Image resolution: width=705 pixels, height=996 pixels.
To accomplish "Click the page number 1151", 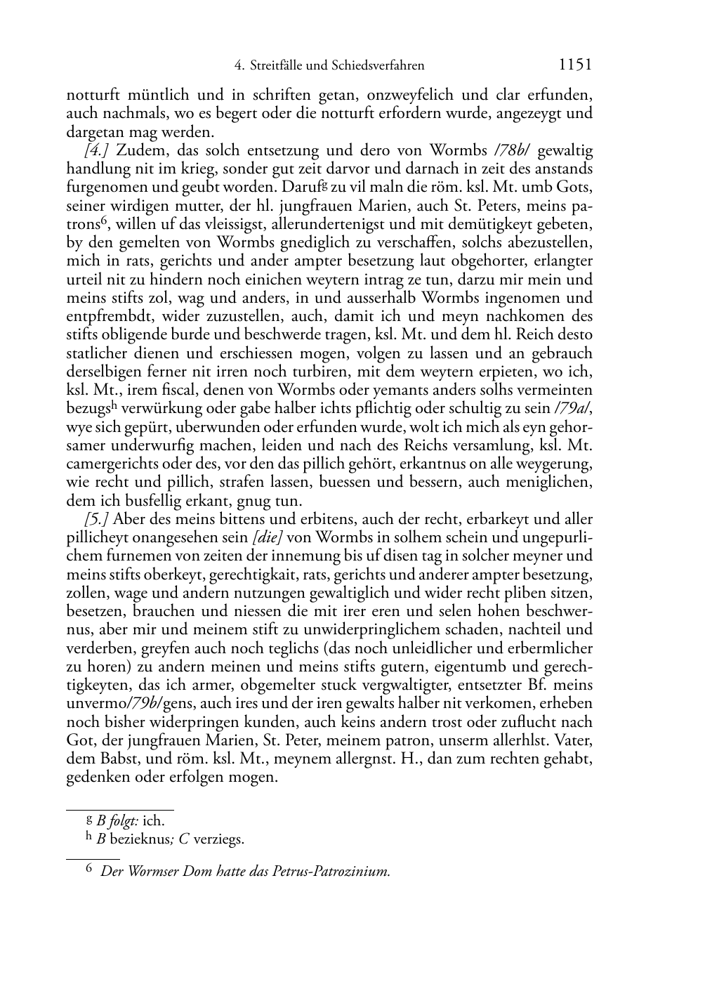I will pyautogui.click(x=575, y=65).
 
